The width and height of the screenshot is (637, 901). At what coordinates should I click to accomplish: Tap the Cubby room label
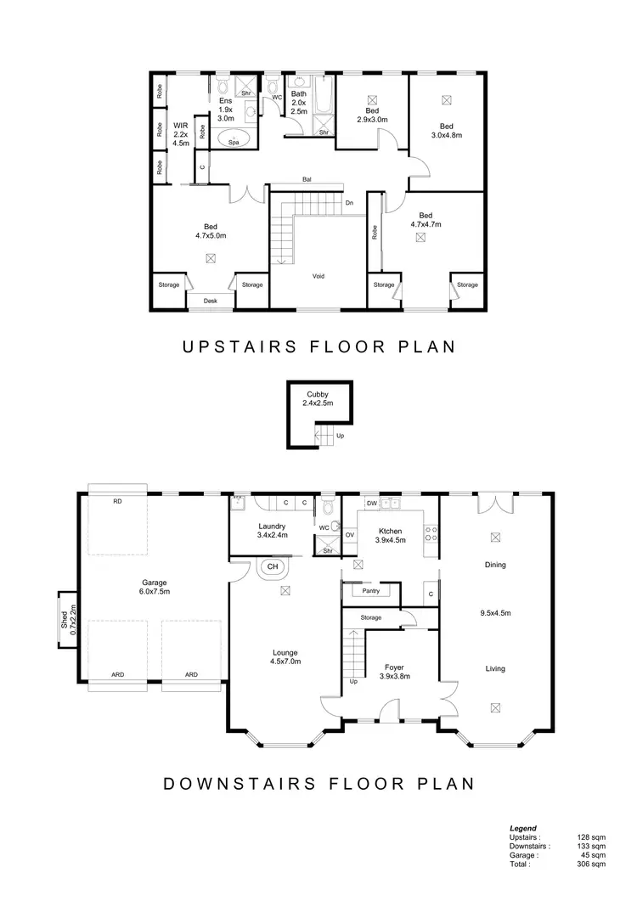pos(318,399)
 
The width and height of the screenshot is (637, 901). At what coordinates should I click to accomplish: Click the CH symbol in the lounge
pos(273,566)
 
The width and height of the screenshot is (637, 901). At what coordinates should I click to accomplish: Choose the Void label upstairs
pos(318,276)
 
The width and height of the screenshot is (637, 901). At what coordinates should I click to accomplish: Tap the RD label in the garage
pos(117,502)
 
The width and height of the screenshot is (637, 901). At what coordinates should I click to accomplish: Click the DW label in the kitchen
pos(371,504)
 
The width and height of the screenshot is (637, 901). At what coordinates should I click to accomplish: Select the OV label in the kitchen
pos(350,535)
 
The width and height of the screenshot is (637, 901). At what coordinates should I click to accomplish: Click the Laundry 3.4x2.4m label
pos(272,531)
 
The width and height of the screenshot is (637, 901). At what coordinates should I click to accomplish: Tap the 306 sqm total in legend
pos(593,864)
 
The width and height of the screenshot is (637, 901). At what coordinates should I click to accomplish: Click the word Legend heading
pos(523,828)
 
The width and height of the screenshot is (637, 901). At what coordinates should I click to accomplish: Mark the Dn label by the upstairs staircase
pos(349,203)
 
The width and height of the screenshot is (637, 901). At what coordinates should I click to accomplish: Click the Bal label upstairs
pos(306,180)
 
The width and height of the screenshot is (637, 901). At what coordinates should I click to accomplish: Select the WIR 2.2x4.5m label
pos(181,133)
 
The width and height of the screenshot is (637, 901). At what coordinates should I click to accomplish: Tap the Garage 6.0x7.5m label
pos(154,587)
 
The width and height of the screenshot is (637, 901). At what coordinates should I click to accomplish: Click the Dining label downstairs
pos(494,565)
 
